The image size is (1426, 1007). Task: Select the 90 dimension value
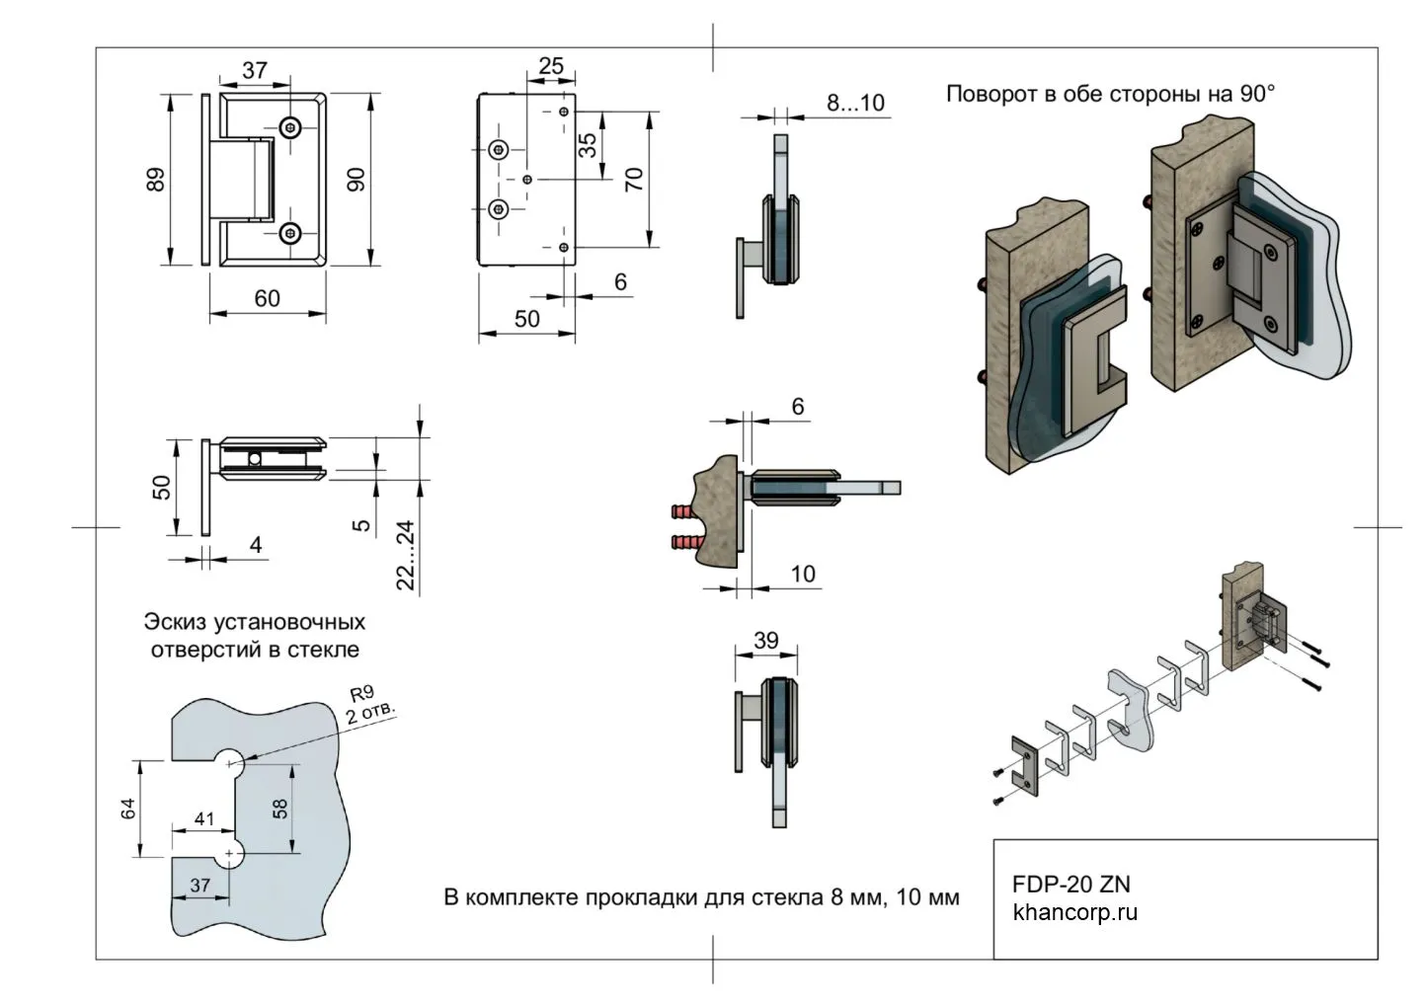click(x=356, y=179)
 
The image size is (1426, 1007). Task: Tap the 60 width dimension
click(x=267, y=297)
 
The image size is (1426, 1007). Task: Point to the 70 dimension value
click(x=635, y=179)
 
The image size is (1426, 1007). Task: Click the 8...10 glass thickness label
click(x=855, y=103)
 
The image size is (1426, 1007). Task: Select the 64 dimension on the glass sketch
click(x=127, y=809)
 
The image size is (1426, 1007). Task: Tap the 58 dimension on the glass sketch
click(x=280, y=808)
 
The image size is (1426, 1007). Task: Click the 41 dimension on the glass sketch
click(x=204, y=818)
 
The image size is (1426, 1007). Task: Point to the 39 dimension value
click(x=766, y=641)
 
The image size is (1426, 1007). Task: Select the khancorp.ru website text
click(x=1074, y=911)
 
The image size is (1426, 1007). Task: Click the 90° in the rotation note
click(x=1257, y=94)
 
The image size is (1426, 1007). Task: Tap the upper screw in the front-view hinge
click(x=290, y=126)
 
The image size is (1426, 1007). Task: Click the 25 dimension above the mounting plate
click(x=550, y=66)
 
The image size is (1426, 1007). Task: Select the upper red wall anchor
click(x=686, y=512)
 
